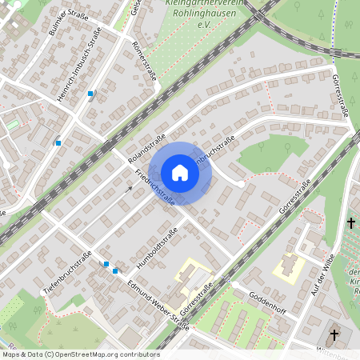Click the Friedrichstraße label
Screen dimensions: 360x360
click(155, 187)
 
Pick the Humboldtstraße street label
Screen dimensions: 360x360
click(155, 246)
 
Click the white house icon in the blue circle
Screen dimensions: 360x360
click(180, 172)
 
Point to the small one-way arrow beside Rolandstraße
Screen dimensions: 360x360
click(129, 190)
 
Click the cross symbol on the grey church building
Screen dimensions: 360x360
click(334, 334)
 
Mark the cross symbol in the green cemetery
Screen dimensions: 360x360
click(350, 223)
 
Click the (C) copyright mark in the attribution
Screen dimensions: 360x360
click(50, 353)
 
